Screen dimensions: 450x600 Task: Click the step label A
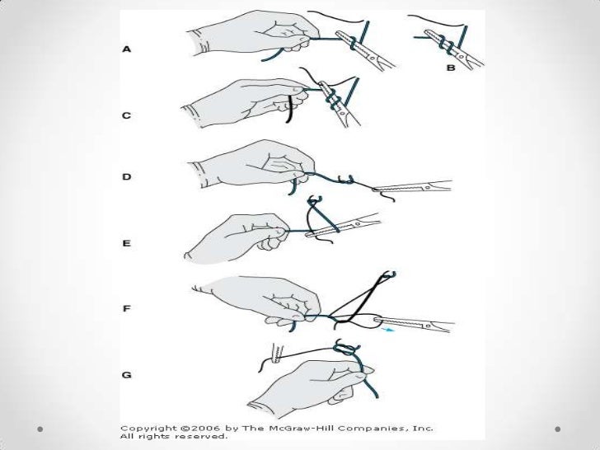[127, 49]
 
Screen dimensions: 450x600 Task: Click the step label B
[451, 68]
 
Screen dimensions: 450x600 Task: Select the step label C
[127, 115]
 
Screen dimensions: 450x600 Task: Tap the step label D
[127, 176]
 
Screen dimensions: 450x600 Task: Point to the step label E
[127, 243]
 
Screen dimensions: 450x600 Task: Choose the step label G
[127, 375]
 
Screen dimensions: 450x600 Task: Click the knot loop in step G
[345, 348]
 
